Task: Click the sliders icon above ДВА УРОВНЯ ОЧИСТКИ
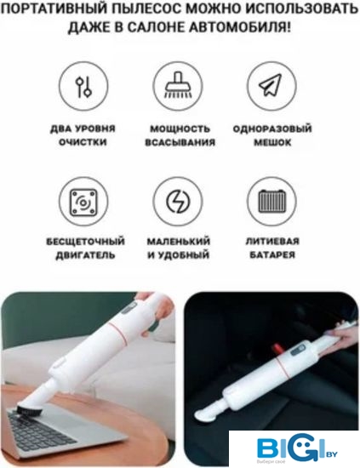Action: point(83,87)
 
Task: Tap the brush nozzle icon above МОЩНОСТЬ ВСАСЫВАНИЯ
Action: point(178,84)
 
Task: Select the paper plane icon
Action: point(271,85)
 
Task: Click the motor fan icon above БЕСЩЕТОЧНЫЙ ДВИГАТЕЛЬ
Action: point(83,203)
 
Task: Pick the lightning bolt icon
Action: point(178,202)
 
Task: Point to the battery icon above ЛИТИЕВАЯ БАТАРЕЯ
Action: point(272,201)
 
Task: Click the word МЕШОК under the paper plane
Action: point(272,142)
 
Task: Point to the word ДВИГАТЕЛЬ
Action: point(85,255)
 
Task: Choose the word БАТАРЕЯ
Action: point(272,255)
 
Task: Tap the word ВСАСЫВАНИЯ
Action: point(180,142)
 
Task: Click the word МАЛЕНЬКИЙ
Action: point(179,241)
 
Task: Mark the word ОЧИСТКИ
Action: point(83,142)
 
